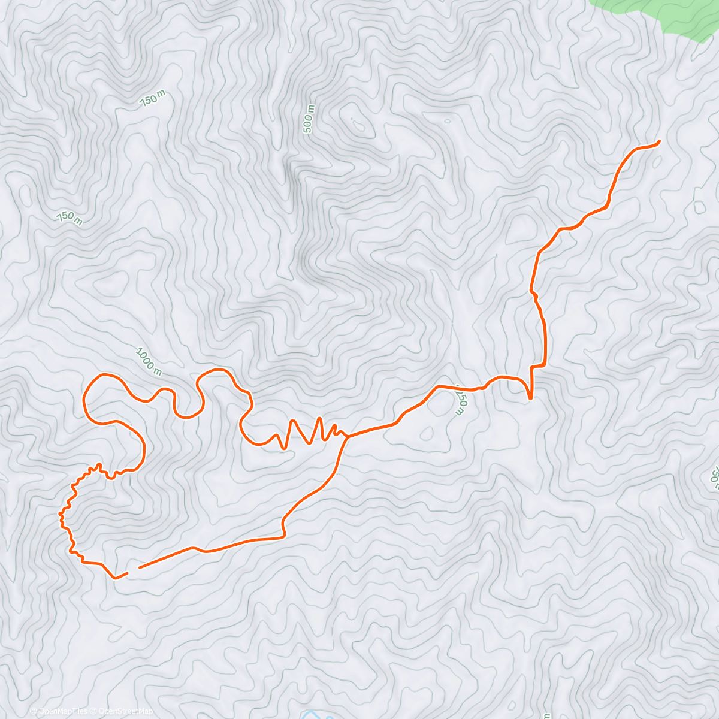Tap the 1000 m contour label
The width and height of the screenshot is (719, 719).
pyautogui.click(x=149, y=361)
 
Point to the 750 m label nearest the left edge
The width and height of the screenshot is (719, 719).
pyautogui.click(x=70, y=218)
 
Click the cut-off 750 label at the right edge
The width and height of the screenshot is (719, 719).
pyautogui.click(x=714, y=476)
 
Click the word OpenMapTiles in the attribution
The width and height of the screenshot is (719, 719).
pyautogui.click(x=63, y=711)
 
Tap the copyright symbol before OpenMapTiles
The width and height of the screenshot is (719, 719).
pyautogui.click(x=34, y=711)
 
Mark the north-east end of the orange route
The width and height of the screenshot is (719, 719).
pyautogui.click(x=658, y=141)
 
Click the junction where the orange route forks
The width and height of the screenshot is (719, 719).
pyautogui.click(x=348, y=437)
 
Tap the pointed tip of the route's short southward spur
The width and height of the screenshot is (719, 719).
pyautogui.click(x=530, y=398)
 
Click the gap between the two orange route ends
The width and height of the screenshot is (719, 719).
pyautogui.click(x=134, y=570)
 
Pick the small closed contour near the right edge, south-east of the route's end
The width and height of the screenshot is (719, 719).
pyautogui.click(x=699, y=207)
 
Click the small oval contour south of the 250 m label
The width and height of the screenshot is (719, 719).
pyautogui.click(x=428, y=432)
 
